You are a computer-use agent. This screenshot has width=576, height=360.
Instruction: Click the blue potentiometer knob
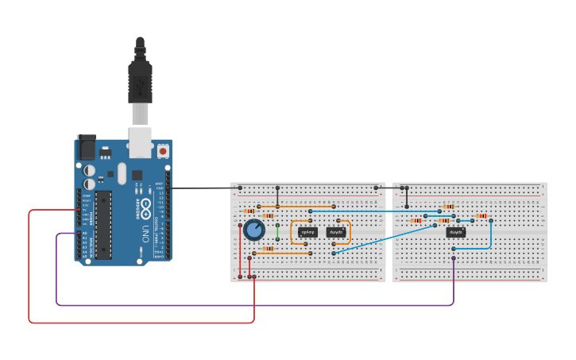(253, 230)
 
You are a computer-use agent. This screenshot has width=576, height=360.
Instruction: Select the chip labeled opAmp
(307, 232)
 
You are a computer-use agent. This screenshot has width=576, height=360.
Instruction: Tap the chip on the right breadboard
(455, 232)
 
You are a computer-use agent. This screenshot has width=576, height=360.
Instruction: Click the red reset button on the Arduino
(163, 150)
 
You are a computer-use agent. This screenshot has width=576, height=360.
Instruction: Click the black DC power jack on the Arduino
(85, 148)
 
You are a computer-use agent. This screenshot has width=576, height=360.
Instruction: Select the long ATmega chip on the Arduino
(103, 225)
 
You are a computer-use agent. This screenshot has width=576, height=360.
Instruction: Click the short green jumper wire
(277, 231)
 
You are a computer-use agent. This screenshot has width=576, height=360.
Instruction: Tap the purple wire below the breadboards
(238, 305)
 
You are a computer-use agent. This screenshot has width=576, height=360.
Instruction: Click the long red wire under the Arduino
(143, 323)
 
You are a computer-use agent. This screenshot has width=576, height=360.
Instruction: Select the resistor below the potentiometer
(267, 249)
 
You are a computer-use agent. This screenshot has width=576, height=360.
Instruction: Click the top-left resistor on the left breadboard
(249, 211)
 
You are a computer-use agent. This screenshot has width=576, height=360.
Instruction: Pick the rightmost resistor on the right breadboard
(481, 216)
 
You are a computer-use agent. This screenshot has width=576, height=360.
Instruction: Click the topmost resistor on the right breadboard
(449, 207)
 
